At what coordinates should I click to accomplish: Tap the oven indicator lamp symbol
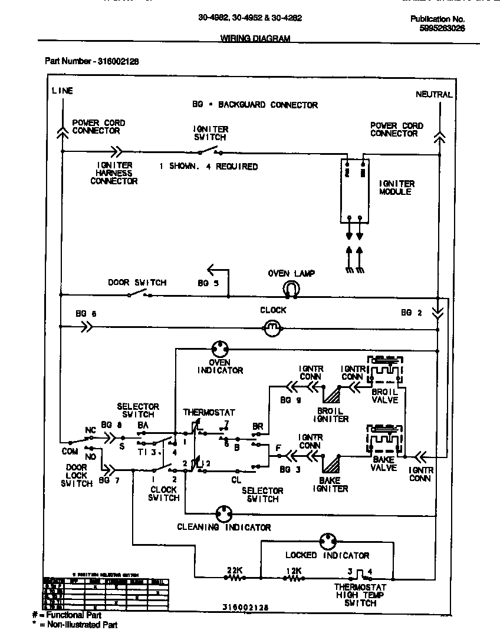coord(220,348)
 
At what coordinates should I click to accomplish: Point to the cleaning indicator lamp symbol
coord(224,513)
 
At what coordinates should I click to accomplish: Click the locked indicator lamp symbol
coord(327,541)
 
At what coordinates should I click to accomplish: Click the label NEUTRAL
coord(434,94)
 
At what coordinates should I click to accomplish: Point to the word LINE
coord(63,91)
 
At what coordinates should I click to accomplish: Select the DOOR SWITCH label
coord(137,283)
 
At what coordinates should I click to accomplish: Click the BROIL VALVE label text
coord(386,396)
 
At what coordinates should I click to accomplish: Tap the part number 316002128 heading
coord(92,61)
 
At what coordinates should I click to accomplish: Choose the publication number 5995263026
coord(442,28)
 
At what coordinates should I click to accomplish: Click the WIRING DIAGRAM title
coord(255,39)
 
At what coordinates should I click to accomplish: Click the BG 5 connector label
coord(208,283)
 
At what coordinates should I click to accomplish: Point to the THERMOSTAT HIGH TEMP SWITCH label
coord(360,595)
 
